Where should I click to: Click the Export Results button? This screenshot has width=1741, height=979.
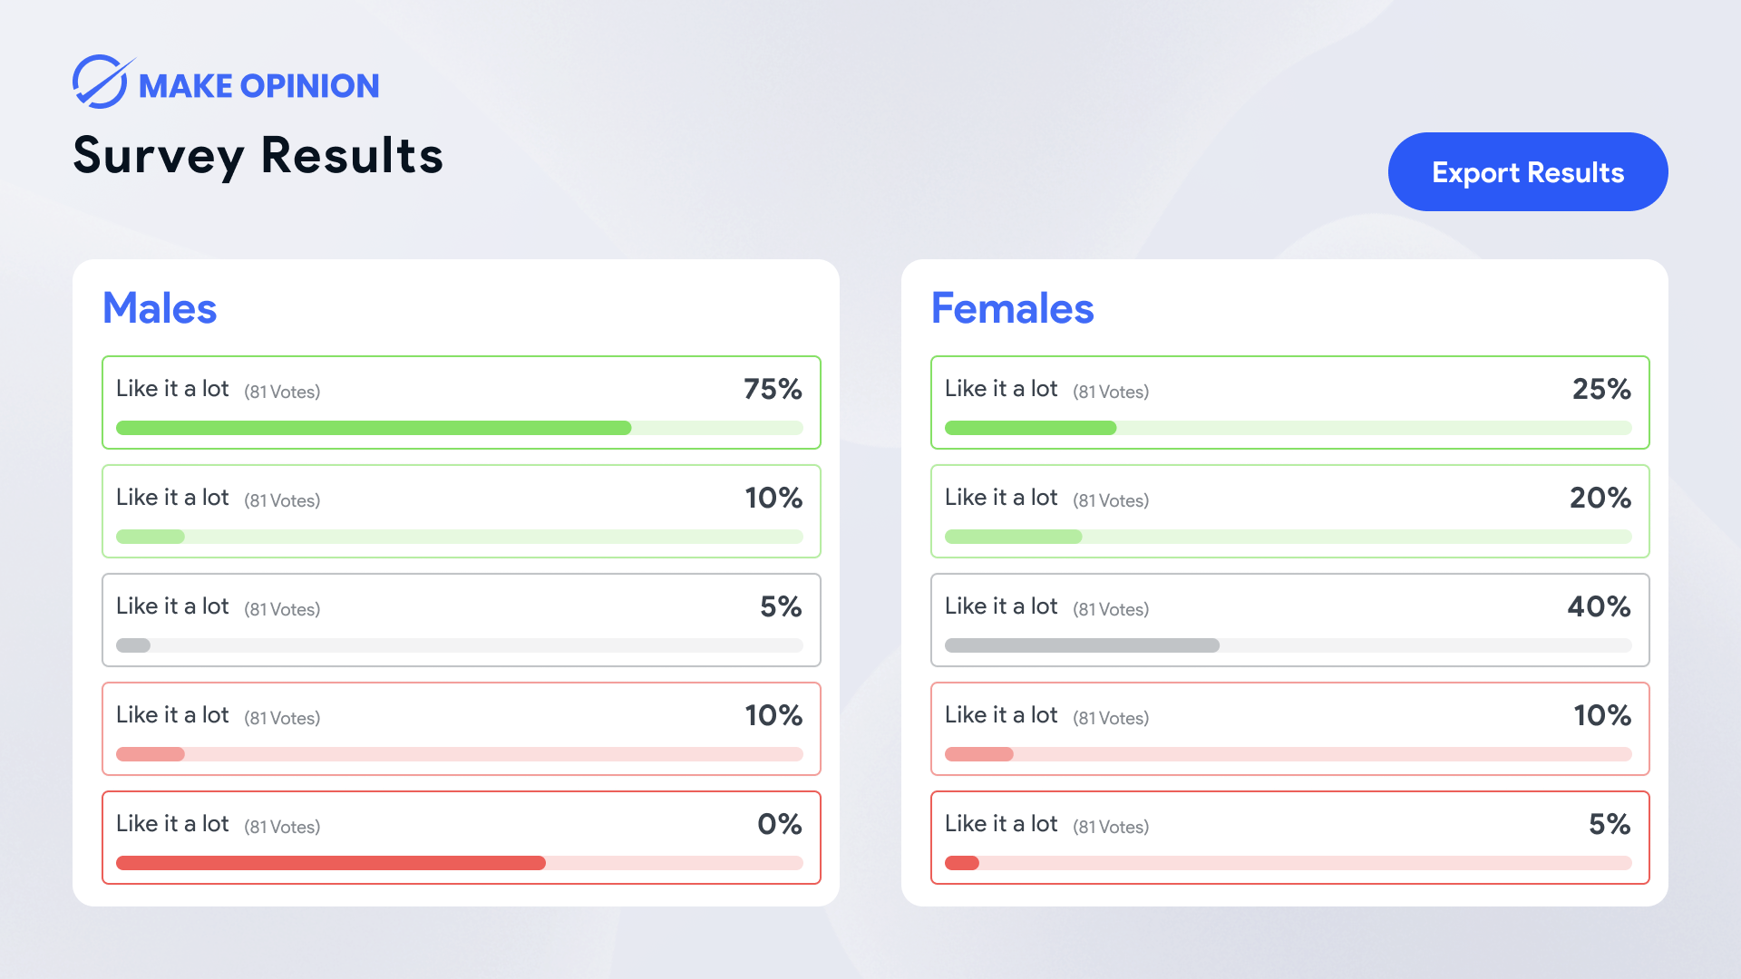1527,172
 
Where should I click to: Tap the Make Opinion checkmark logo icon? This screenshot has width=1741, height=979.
101,82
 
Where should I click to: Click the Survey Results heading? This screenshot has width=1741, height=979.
258,155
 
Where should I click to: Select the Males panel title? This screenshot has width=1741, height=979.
160,308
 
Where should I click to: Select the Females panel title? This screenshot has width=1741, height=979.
1012,308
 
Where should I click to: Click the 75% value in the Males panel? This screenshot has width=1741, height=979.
773,389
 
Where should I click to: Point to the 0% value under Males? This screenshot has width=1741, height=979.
779,824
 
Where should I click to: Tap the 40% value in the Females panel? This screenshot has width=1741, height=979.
1599,606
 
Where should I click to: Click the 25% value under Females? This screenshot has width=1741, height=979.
1601,389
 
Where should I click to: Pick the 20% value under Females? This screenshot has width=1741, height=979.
1600,498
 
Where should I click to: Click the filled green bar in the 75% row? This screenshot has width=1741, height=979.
373,428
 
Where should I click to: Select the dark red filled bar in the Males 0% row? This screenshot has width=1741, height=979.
330,863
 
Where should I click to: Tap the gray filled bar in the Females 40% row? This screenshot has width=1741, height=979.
1082,645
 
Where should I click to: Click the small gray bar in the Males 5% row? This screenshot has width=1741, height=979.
133,645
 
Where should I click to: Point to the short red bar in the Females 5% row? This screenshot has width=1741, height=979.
962,863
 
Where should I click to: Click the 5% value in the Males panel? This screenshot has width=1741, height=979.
781,606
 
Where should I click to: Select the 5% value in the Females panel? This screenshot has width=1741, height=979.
1610,824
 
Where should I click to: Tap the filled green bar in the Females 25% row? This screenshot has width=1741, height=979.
1030,428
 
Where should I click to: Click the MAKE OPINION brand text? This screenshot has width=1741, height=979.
258,86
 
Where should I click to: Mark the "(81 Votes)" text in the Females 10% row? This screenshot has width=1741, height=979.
1111,718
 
